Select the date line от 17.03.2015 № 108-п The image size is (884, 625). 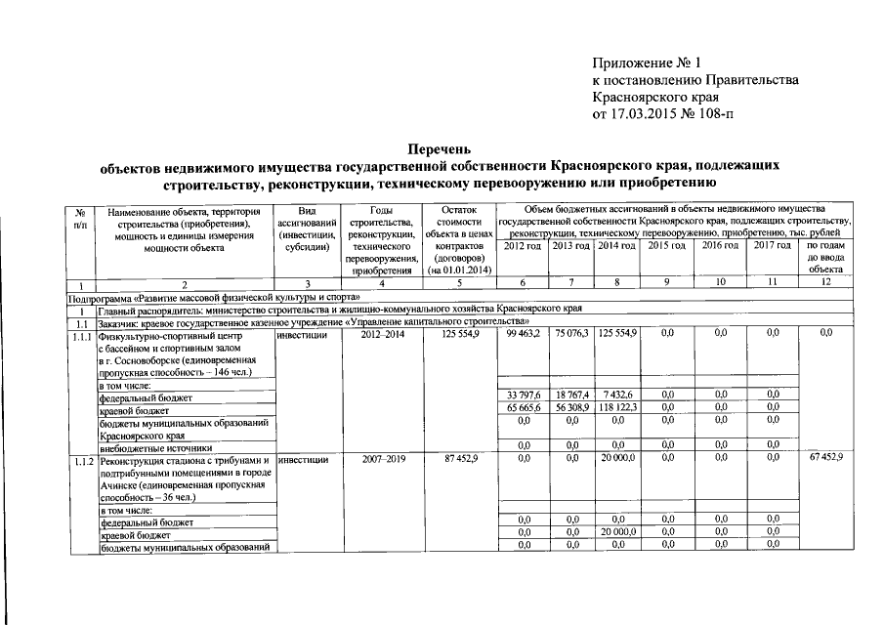(661, 113)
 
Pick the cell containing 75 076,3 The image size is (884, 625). (571, 334)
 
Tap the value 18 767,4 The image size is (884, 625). (571, 394)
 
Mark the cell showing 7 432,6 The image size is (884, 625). (617, 394)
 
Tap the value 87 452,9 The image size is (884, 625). (457, 458)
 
